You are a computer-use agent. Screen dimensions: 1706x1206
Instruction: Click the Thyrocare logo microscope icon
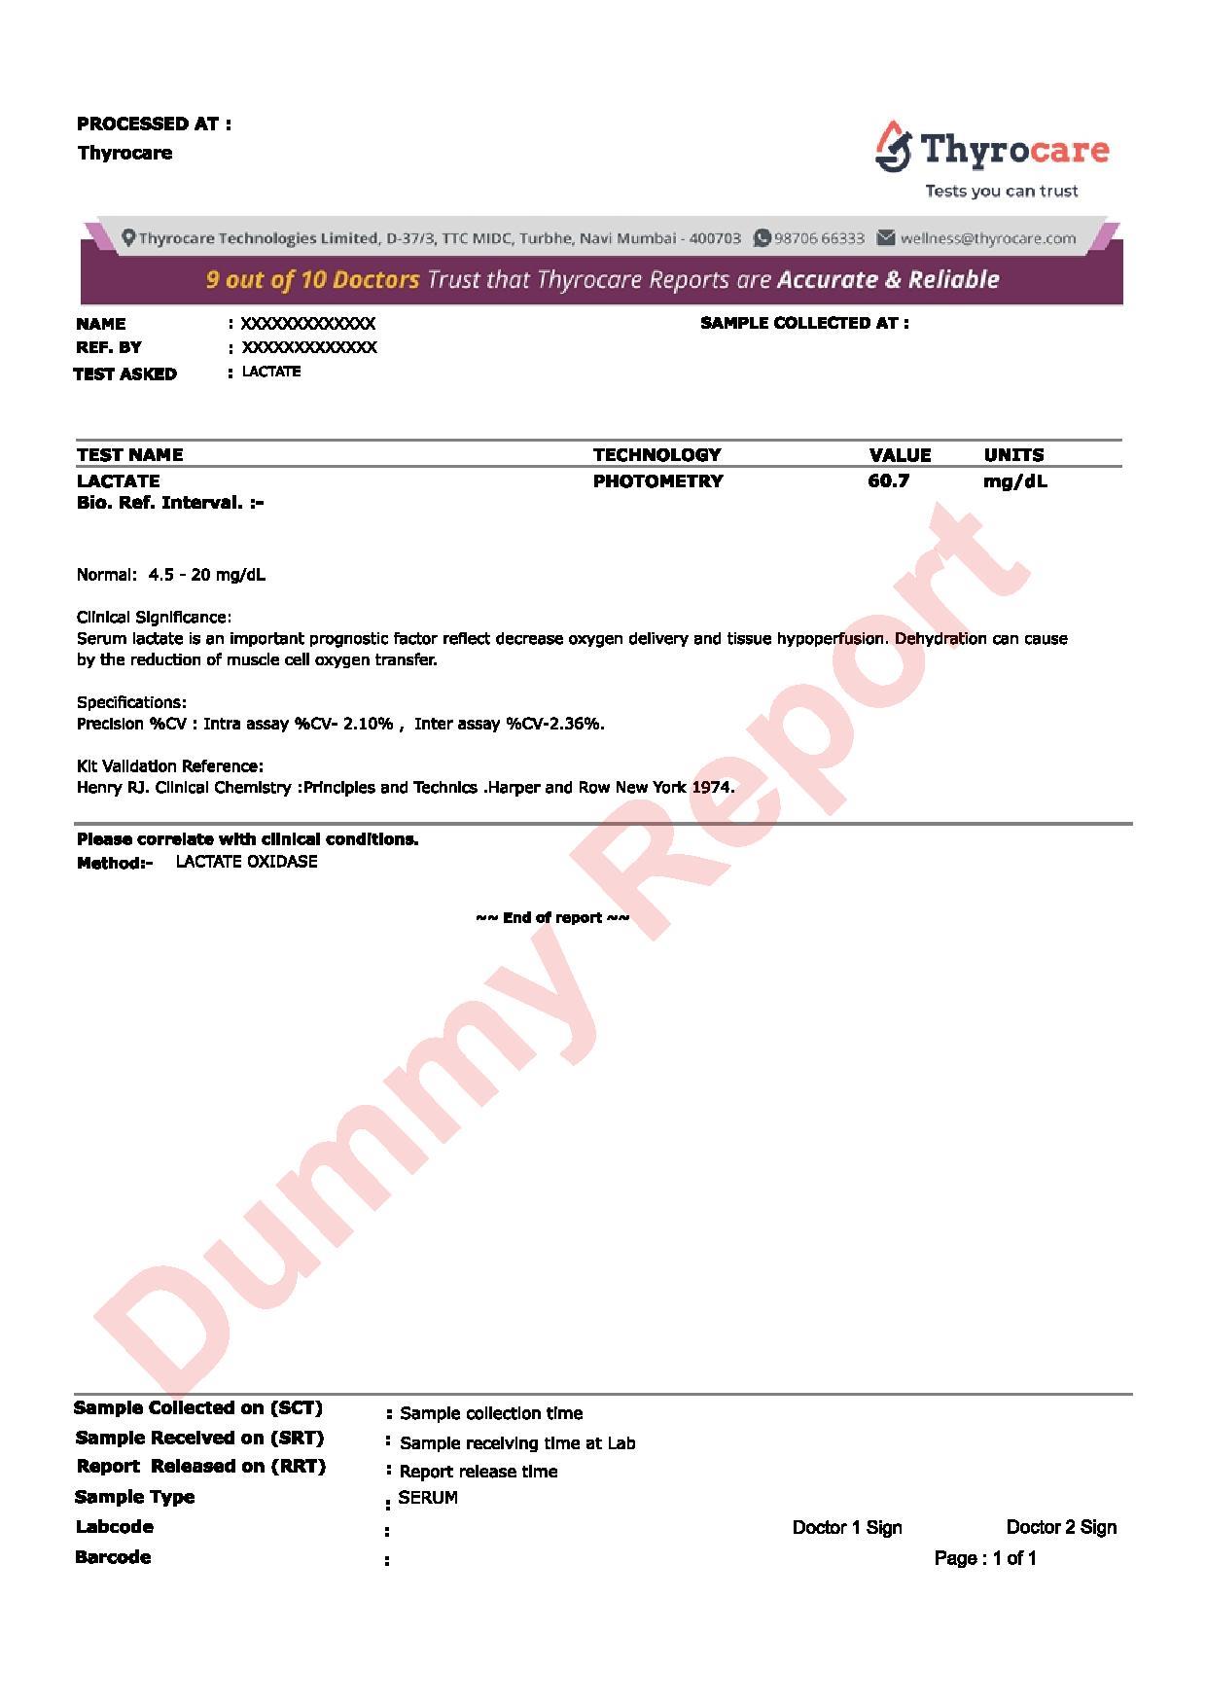pyautogui.click(x=893, y=147)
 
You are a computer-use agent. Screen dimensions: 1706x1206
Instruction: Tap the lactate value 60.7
pyautogui.click(x=888, y=480)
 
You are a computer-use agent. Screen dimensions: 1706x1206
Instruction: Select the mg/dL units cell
pyautogui.click(x=1014, y=480)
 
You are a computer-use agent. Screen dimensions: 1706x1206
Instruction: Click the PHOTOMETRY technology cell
pyautogui.click(x=657, y=480)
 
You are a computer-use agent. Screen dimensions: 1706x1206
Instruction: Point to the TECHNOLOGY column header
pyautogui.click(x=656, y=454)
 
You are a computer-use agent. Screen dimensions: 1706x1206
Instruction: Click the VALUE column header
pyautogui.click(x=900, y=454)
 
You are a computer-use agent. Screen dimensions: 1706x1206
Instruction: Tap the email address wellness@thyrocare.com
pyautogui.click(x=987, y=238)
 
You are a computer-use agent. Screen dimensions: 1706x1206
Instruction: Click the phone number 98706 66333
pyautogui.click(x=819, y=238)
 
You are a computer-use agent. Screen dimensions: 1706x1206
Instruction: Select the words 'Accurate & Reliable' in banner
pyautogui.click(x=888, y=280)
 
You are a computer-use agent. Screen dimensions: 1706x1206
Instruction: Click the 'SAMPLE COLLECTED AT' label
pyautogui.click(x=804, y=323)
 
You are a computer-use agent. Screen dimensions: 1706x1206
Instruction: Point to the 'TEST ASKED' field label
pyautogui.click(x=125, y=373)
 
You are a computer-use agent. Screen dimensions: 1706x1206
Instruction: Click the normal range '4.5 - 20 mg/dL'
pyautogui.click(x=206, y=575)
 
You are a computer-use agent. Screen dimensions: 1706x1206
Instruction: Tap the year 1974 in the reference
pyautogui.click(x=712, y=787)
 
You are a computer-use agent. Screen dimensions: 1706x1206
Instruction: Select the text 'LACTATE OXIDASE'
pyautogui.click(x=246, y=862)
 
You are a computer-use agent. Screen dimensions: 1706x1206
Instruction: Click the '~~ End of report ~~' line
pyautogui.click(x=552, y=917)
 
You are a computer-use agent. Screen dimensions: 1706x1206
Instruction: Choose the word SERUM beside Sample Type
pyautogui.click(x=428, y=1498)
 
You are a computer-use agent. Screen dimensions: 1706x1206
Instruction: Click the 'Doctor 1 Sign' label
pyautogui.click(x=847, y=1527)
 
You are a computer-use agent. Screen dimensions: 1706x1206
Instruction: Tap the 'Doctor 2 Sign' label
pyautogui.click(x=1061, y=1527)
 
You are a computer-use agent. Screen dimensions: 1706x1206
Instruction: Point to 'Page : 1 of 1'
pyautogui.click(x=985, y=1558)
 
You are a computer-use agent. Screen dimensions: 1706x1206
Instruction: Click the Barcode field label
pyautogui.click(x=113, y=1557)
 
